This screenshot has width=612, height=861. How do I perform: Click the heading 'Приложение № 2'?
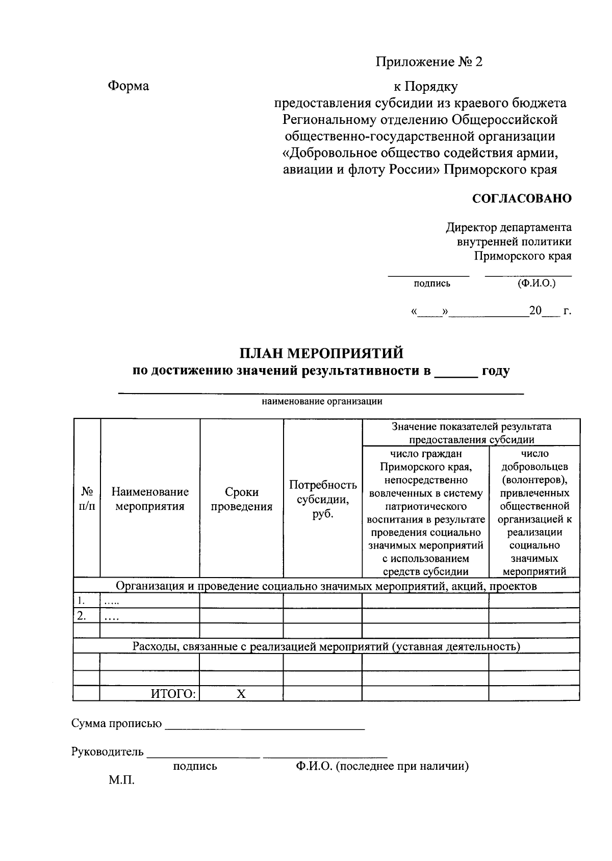coord(429,62)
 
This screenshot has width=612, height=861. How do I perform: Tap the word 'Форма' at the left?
coord(128,86)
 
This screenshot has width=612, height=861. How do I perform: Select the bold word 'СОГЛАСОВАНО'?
coord(522,198)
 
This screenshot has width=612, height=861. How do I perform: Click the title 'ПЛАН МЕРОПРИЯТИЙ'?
coord(321,353)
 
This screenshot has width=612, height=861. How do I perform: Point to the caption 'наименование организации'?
coord(322,401)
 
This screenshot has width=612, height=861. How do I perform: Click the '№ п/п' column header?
coord(87,499)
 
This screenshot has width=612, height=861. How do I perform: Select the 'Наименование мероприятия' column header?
coord(150,499)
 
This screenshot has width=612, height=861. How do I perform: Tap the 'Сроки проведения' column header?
coord(241,499)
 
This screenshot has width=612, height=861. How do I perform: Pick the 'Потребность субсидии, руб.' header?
coord(323,499)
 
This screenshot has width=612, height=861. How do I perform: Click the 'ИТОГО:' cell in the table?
coord(173,693)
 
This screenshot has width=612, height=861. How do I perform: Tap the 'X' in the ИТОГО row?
coord(241,693)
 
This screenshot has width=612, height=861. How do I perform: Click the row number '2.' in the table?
coord(81,615)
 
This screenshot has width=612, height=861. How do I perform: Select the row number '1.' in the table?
coord(81,600)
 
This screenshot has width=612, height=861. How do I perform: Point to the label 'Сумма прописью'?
coord(117,723)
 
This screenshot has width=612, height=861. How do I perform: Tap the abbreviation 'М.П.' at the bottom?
coord(121,780)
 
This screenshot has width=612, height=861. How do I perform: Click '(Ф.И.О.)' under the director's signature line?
coord(536,283)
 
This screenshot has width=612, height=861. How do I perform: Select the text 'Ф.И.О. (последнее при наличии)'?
coord(381,766)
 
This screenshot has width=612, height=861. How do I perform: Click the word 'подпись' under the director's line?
coord(432,284)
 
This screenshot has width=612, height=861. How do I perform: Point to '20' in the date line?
coord(535,310)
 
